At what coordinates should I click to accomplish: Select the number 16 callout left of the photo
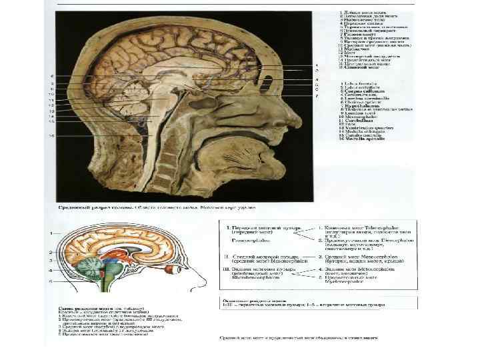tap(51, 135)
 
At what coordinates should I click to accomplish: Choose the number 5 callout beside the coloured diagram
tap(51, 281)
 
